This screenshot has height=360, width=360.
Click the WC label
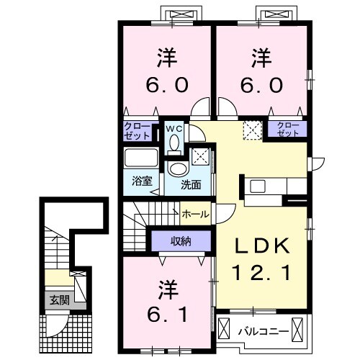174,128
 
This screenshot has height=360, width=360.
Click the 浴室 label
142,181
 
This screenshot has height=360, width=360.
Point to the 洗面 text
190,184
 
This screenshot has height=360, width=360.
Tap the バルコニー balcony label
264,331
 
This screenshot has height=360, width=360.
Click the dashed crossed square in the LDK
251,130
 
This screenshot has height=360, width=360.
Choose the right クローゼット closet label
287,130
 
